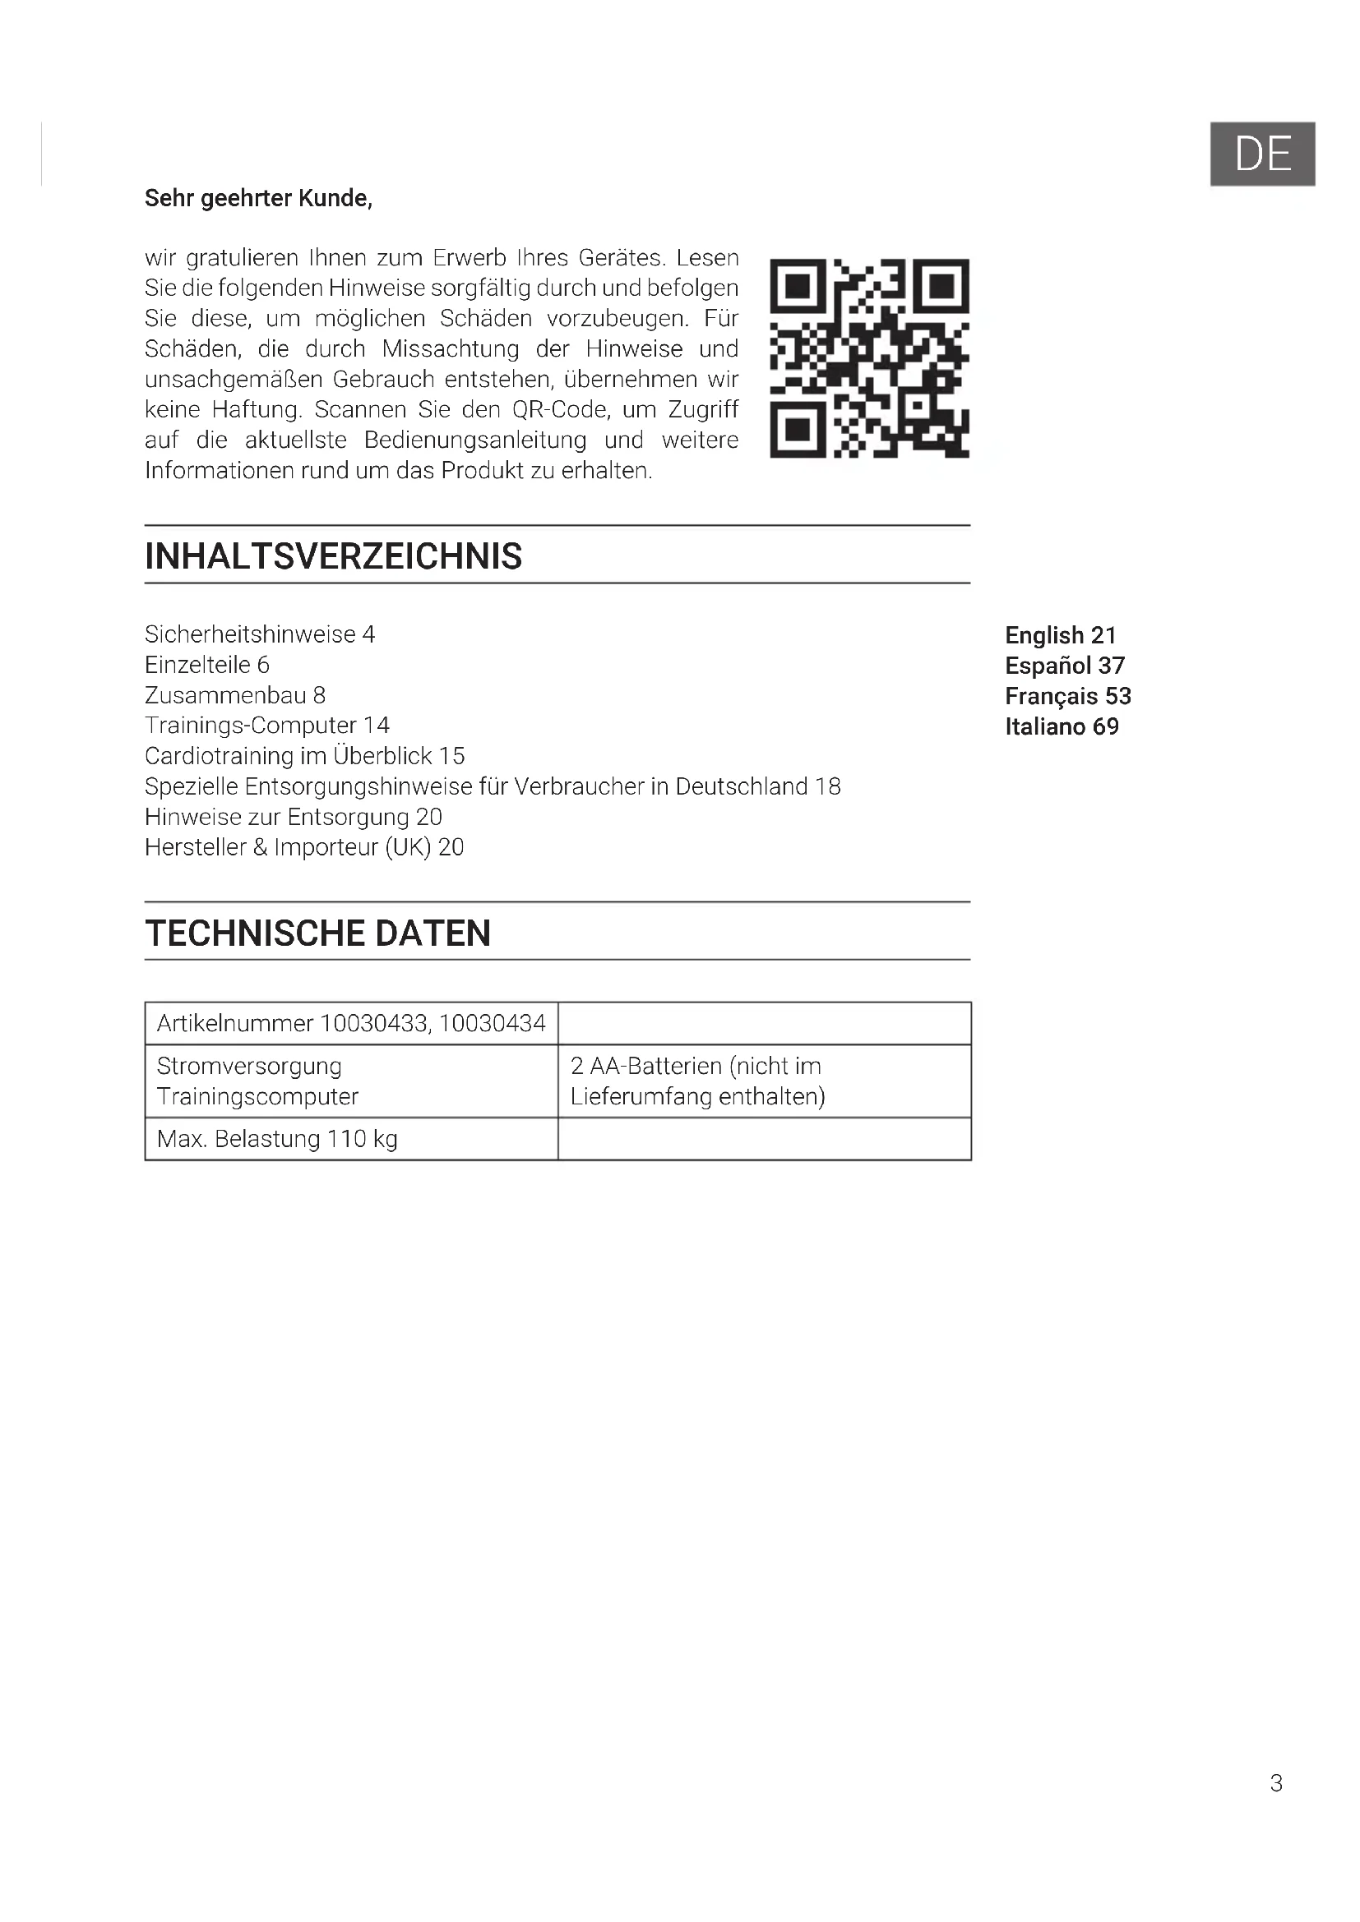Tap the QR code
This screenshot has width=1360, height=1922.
869,358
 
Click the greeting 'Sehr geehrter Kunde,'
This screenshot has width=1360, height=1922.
258,198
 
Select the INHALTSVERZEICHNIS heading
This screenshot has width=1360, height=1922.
333,556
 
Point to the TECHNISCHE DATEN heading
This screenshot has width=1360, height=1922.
317,933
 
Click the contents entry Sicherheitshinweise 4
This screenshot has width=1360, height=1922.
260,634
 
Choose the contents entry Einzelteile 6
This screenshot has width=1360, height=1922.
207,665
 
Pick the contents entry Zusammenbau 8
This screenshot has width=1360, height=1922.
235,696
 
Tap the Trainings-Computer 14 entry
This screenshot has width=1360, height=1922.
267,726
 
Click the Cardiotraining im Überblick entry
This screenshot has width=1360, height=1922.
305,756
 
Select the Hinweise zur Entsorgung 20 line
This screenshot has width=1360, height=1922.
293,817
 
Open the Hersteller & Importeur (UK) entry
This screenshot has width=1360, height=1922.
304,847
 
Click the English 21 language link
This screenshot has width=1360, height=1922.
1060,635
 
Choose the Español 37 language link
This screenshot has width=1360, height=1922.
1064,666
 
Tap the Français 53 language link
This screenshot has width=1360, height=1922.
1068,697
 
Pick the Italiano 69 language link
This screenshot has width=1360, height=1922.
1062,726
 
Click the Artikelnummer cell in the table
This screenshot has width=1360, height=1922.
351,1023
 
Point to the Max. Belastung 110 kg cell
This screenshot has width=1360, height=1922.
277,1139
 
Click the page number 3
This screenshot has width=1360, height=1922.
1275,1783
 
